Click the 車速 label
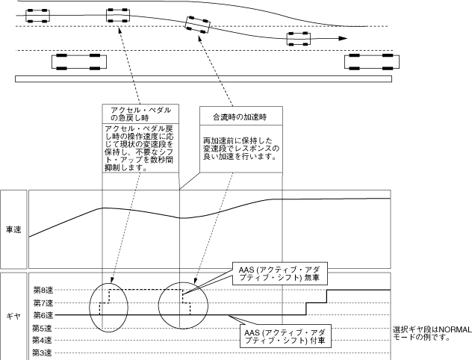pyautogui.click(x=14, y=229)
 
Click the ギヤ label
pyautogui.click(x=14, y=315)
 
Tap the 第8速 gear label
pyautogui.click(x=43, y=290)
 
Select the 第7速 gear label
pyautogui.click(x=43, y=302)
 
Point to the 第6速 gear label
pyautogui.click(x=43, y=315)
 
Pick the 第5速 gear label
pyautogui.click(x=43, y=328)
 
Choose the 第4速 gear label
pyautogui.click(x=43, y=340)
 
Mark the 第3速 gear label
pyautogui.click(x=43, y=353)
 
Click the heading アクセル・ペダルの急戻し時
pyautogui.click(x=140, y=114)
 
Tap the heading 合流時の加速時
pyautogui.click(x=240, y=117)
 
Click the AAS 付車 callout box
pyautogui.click(x=279, y=335)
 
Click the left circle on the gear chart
pyautogui.click(x=110, y=305)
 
